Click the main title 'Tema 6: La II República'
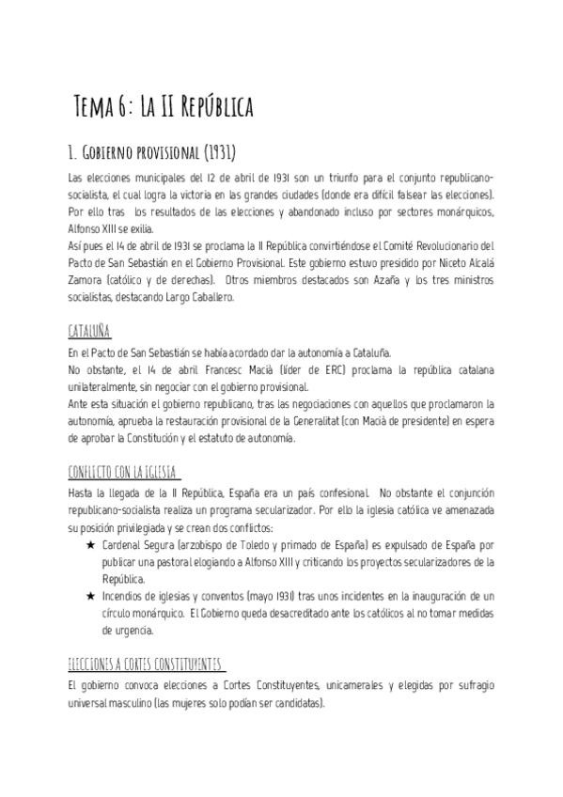coord(163,106)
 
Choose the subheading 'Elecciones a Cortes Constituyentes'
coord(148,664)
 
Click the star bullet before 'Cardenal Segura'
coord(90,545)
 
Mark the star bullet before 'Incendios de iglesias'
coord(90,596)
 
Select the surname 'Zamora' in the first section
coord(86,280)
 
